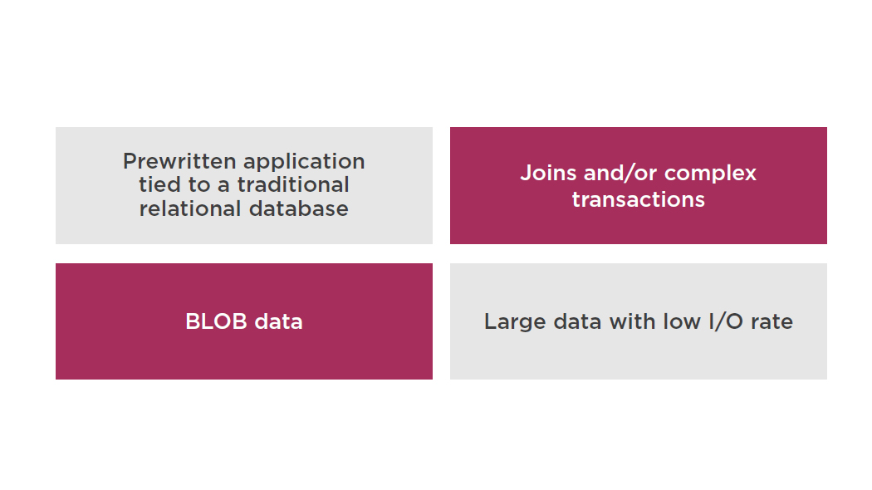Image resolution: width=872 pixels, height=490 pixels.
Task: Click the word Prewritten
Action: click(179, 161)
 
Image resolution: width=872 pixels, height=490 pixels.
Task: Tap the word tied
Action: click(159, 184)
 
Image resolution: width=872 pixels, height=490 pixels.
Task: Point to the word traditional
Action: click(293, 184)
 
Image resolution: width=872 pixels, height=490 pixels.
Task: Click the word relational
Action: click(190, 208)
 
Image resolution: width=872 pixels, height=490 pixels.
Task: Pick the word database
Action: click(299, 208)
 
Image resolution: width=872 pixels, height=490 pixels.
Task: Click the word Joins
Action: click(548, 173)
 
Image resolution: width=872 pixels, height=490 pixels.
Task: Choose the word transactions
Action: click(639, 199)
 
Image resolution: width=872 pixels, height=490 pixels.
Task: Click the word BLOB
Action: click(216, 321)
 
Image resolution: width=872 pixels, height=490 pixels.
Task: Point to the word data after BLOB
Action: click(278, 321)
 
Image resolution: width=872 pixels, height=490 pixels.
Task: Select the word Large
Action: click(515, 322)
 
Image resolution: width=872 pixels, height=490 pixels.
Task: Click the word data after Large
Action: click(578, 321)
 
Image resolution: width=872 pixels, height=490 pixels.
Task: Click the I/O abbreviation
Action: click(726, 321)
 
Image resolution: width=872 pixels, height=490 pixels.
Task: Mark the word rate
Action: click(772, 322)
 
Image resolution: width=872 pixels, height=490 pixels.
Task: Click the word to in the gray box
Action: click(199, 185)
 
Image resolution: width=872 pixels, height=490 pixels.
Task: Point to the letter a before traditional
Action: click(223, 187)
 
